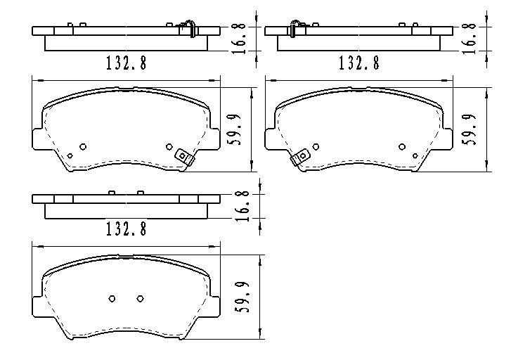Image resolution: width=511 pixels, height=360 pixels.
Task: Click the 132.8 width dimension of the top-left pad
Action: pyautogui.click(x=126, y=63)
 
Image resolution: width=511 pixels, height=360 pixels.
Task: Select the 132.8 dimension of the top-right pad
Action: pyautogui.click(x=358, y=63)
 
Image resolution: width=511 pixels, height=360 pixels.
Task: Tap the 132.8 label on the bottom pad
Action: pyautogui.click(x=126, y=229)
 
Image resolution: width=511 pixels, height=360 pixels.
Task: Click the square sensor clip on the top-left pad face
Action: pyautogui.click(x=184, y=157)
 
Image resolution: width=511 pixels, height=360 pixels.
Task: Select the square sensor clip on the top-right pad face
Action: pyautogui.click(x=300, y=157)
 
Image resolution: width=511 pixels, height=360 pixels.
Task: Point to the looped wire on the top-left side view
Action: pyautogui.click(x=189, y=27)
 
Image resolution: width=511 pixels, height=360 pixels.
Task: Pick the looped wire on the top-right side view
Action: pyautogui.click(x=295, y=27)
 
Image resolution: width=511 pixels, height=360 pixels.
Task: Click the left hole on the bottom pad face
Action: pyautogui.click(x=112, y=298)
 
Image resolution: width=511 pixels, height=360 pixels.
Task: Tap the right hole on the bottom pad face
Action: pyautogui.click(x=139, y=298)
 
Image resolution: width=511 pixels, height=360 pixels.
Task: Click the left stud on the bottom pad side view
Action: pyautogui.click(x=112, y=192)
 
